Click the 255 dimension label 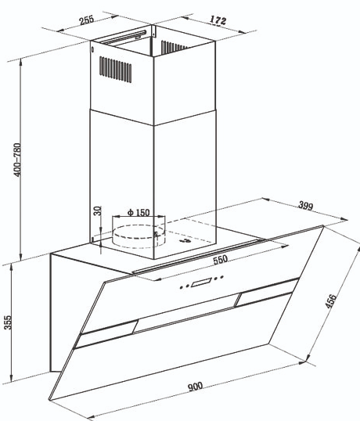coord(87,20)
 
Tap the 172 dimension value coord(218,20)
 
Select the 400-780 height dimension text coord(17,160)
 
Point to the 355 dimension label coord(8,322)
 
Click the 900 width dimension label coord(195,387)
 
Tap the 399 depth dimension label coord(306,206)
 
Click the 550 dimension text coord(220,260)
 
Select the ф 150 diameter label coord(139,213)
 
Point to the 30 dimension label coord(98,210)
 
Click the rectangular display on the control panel coord(201,282)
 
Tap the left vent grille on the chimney coord(116,69)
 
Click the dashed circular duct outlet coord(139,236)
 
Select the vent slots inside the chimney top coord(172,47)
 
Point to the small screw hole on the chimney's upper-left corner coord(93,49)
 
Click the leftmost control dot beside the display coord(182,287)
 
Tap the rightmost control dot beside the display coord(222,276)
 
